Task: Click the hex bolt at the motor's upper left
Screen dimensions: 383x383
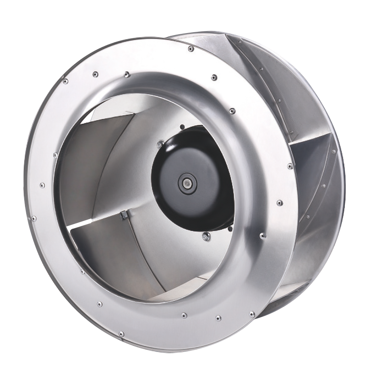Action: coord(161,143)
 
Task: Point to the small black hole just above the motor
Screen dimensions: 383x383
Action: coord(182,127)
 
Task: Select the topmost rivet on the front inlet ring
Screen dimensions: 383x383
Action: coord(191,49)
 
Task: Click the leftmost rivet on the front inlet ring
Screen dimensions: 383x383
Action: coord(34,218)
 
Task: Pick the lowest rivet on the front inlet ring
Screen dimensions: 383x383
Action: coord(121,333)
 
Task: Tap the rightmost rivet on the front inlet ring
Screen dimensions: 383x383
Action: coord(290,166)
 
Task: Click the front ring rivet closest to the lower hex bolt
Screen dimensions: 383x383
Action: coord(262,235)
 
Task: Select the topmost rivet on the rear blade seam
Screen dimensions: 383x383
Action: coord(240,40)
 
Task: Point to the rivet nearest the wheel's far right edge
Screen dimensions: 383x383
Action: coord(333,152)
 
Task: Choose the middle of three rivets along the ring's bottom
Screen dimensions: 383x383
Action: coord(184,315)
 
